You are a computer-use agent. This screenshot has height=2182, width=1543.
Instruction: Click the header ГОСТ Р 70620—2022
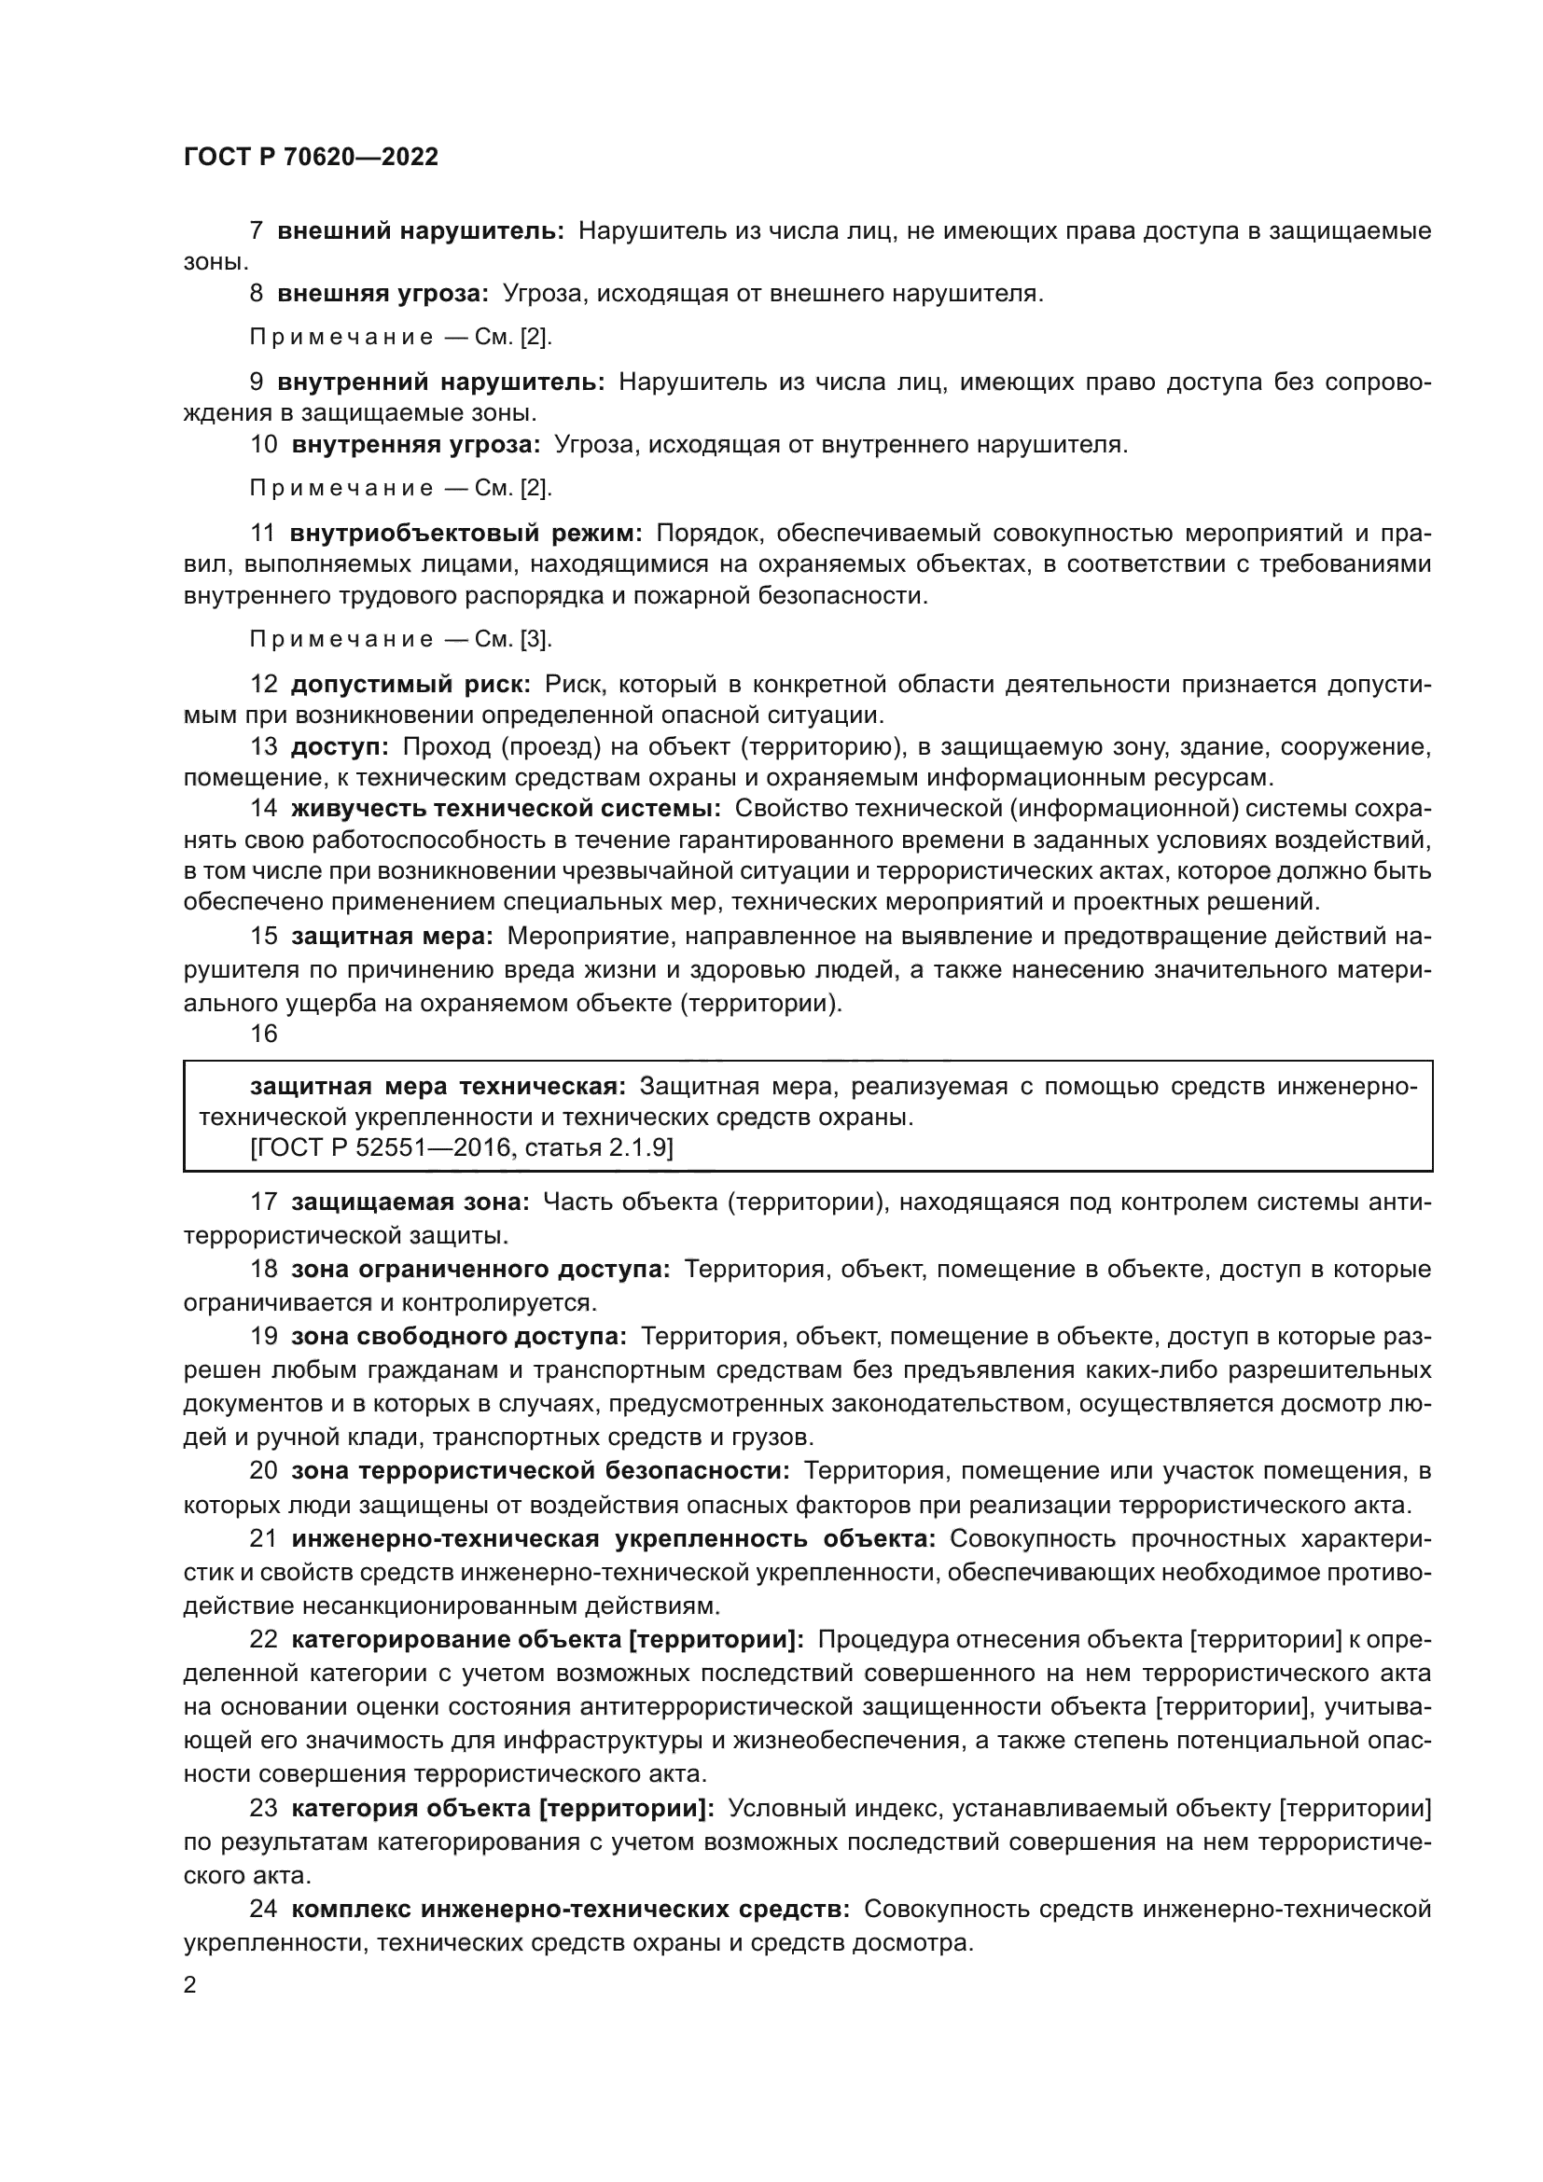pos(311,157)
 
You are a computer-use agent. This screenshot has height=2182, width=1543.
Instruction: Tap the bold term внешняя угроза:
pos(382,294)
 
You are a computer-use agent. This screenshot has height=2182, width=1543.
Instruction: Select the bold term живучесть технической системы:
pos(506,809)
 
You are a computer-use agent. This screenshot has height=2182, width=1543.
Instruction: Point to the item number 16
pos(263,1034)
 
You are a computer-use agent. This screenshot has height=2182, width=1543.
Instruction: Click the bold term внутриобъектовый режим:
pos(466,534)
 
